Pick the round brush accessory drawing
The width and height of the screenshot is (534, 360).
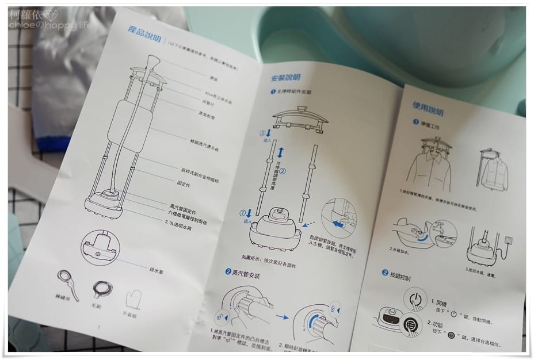click(x=103, y=289)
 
